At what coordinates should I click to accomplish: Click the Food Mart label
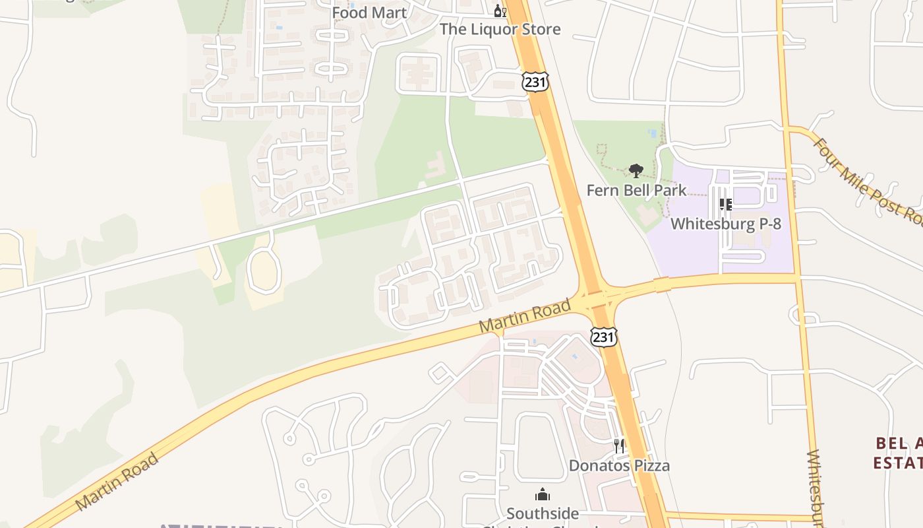369,13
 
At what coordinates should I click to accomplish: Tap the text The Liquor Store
500,29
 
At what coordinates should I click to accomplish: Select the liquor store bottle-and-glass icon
500,11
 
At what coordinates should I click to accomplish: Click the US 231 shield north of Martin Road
534,82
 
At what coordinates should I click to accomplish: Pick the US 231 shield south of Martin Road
603,337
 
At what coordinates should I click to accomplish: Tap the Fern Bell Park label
636,191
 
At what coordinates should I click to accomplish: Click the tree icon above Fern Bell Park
636,172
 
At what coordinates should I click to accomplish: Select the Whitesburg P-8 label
725,224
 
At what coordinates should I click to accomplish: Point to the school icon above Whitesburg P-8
726,205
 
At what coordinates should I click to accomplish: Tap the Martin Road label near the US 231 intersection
525,315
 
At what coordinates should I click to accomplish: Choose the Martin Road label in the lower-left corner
117,482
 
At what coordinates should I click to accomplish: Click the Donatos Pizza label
619,465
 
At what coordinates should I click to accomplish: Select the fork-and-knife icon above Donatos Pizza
619,446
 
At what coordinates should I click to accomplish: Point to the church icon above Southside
543,494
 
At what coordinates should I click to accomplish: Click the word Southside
543,513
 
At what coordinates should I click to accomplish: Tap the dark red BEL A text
898,443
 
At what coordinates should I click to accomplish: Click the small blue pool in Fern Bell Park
653,133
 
